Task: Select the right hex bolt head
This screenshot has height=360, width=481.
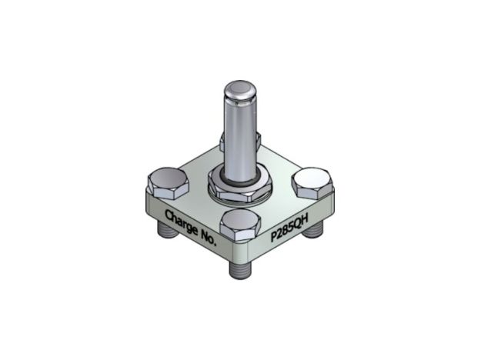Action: click(x=315, y=183)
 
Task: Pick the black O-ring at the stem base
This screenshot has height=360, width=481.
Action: click(x=238, y=178)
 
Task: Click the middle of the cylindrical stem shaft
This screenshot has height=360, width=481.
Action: click(x=239, y=135)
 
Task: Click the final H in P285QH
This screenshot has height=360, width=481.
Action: click(x=308, y=218)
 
